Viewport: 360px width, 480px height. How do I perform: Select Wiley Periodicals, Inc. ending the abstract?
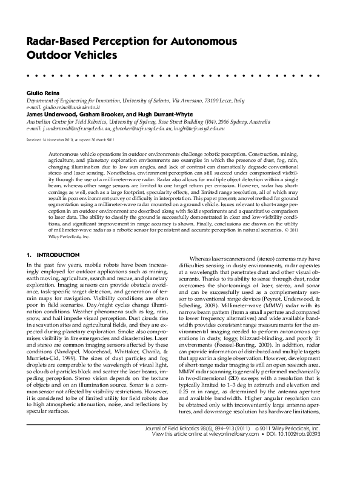[x=68, y=237]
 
